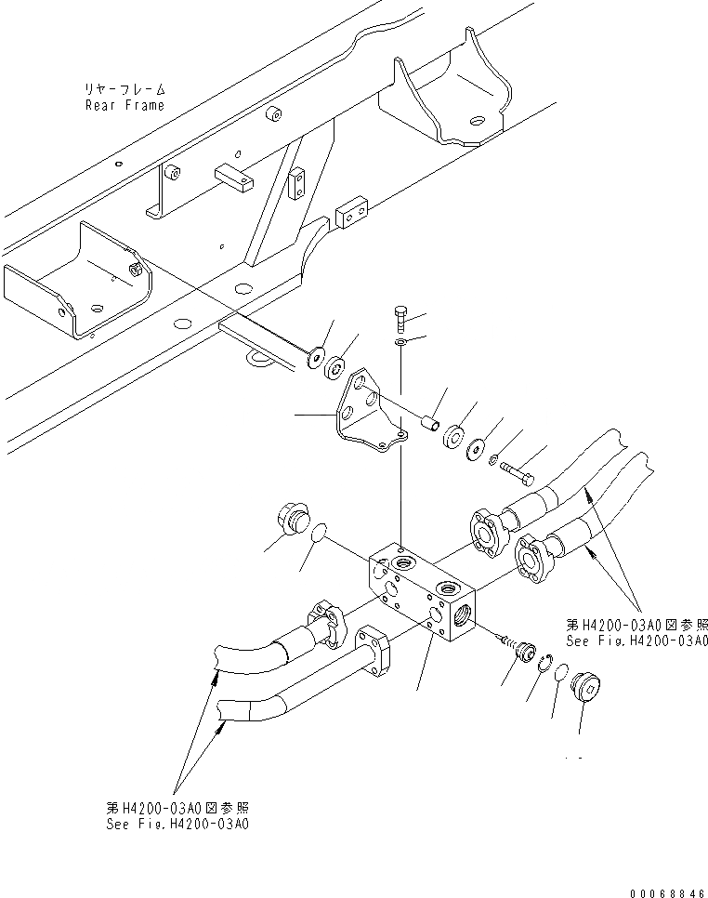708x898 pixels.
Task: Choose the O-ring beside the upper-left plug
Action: pos(317,532)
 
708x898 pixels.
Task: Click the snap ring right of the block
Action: pos(546,662)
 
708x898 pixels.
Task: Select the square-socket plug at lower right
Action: pos(586,689)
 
